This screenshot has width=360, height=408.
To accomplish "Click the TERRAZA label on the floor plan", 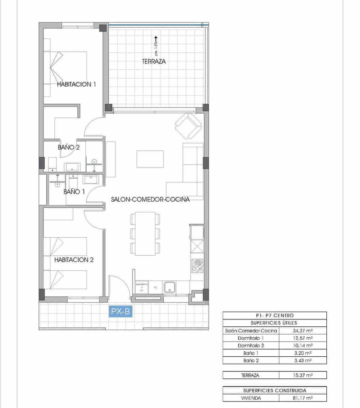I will click(x=154, y=62).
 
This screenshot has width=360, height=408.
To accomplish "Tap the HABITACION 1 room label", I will click(x=76, y=84).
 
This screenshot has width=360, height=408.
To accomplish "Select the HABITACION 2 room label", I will click(x=74, y=260).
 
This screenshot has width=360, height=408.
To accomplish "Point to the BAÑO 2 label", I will click(x=69, y=148).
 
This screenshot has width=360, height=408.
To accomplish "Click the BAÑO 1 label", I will click(x=74, y=192).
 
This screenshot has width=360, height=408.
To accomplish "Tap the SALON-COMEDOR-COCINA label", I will click(x=150, y=200).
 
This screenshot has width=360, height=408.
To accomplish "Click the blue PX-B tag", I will click(x=120, y=311).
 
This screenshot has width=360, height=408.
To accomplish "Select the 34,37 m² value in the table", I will click(x=303, y=330).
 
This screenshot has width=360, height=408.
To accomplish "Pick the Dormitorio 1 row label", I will click(x=251, y=338).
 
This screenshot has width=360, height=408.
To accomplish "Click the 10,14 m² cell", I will click(x=303, y=345).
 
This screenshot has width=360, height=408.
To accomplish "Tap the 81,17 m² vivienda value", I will click(x=303, y=398).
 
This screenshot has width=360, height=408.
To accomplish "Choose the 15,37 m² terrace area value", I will click(x=303, y=375).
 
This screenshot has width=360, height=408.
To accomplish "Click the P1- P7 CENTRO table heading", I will click(x=275, y=316).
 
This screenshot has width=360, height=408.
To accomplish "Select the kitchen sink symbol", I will click(x=169, y=287).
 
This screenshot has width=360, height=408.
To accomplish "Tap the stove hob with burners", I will click(x=197, y=265).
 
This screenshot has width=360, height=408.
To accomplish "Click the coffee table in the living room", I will click(x=150, y=159).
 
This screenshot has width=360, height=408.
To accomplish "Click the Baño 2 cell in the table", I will click(x=251, y=360).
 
